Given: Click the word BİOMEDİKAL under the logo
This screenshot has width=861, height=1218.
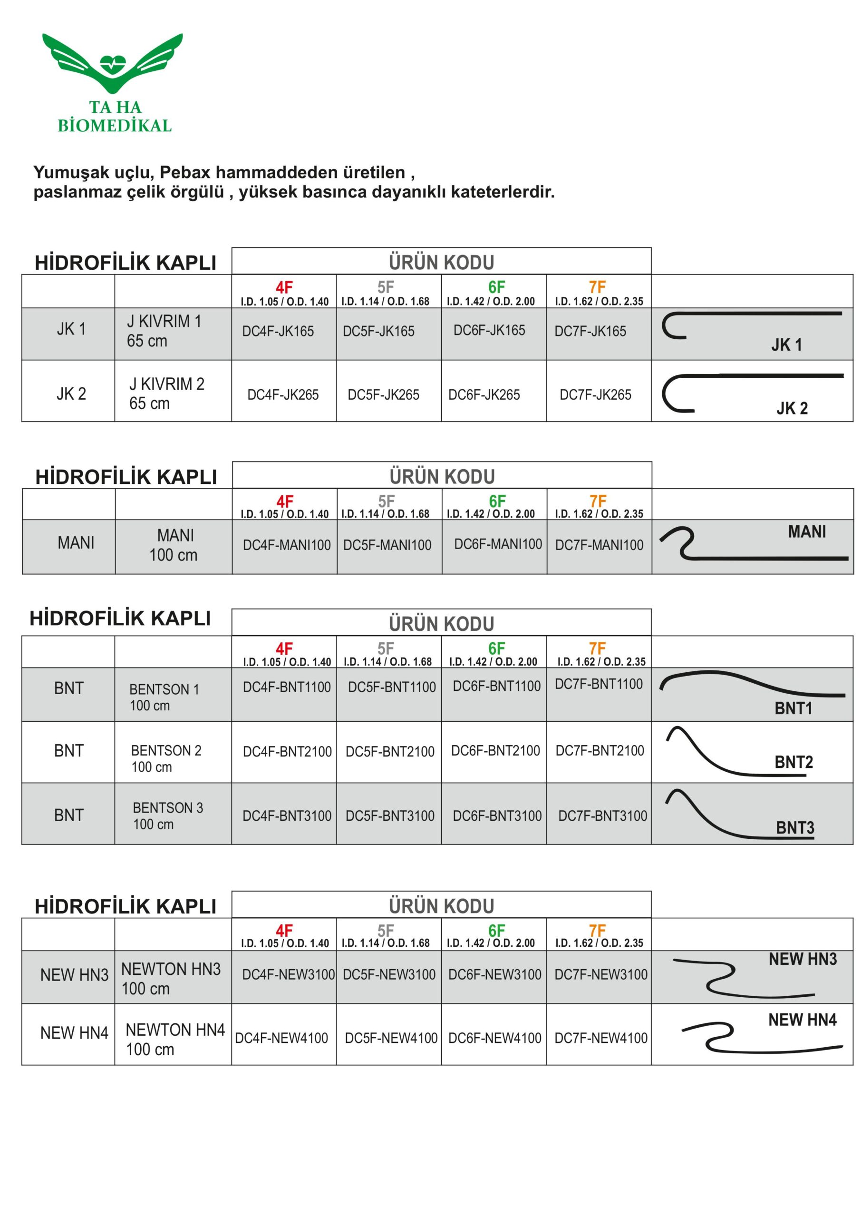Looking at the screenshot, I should click(x=115, y=126).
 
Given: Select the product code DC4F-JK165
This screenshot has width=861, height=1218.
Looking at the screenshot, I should click(x=278, y=331).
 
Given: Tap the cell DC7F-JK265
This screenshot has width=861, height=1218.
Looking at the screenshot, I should click(x=595, y=395).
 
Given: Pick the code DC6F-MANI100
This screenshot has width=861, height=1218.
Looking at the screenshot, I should click(x=498, y=544).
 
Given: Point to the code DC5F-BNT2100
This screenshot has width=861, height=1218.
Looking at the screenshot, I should click(x=390, y=752).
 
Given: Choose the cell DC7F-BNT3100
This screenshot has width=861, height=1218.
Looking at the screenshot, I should click(x=602, y=816).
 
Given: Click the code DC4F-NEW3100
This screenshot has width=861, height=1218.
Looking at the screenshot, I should click(x=289, y=974).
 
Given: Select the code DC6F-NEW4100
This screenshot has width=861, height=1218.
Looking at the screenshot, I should click(x=494, y=1038).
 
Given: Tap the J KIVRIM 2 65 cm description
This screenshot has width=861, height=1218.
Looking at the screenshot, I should click(x=166, y=393).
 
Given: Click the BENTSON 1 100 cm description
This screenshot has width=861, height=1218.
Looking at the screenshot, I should click(x=164, y=697).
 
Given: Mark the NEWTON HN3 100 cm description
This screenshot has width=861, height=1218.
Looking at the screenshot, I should click(x=171, y=979).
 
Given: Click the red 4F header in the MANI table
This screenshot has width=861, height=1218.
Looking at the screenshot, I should click(x=285, y=501).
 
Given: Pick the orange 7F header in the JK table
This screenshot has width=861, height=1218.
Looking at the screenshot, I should click(x=598, y=287).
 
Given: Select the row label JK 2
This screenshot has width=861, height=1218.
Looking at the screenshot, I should click(x=71, y=393).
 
